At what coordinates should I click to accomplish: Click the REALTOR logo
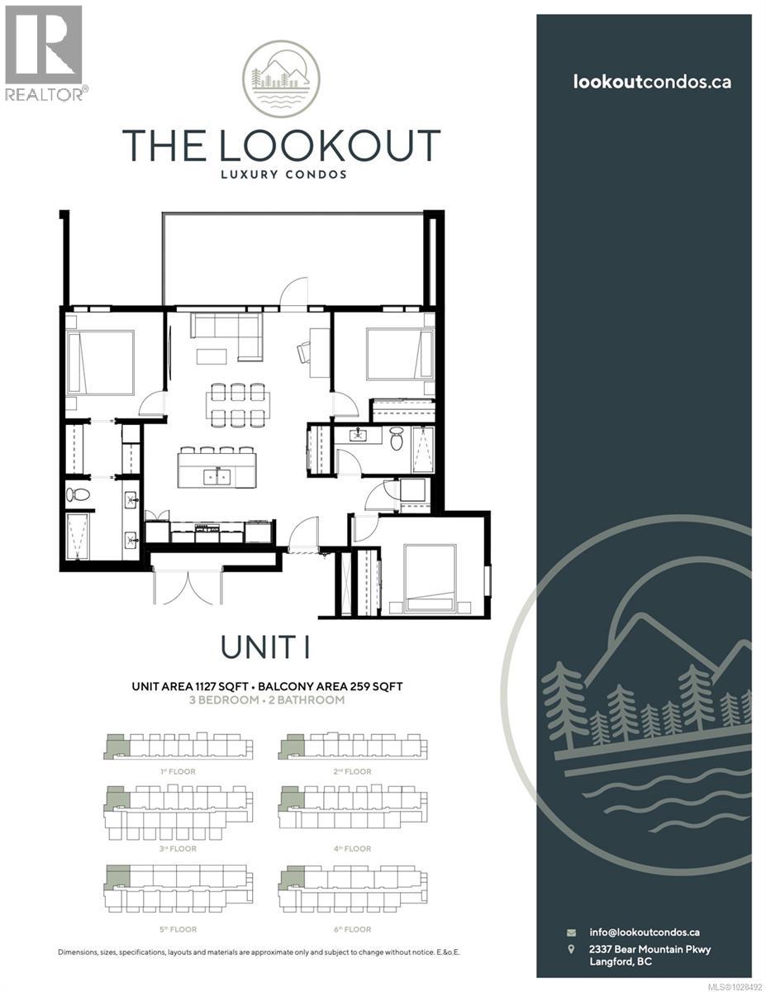tap(44, 53)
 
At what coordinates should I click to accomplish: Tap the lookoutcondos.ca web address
tap(652, 82)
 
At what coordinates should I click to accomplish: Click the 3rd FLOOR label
tap(178, 848)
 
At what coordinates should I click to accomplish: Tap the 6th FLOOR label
tap(353, 929)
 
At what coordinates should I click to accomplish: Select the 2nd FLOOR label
tap(353, 771)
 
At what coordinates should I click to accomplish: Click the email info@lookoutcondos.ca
tap(645, 932)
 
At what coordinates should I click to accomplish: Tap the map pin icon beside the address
tap(571, 949)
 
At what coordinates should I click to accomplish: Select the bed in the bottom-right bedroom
tap(431, 579)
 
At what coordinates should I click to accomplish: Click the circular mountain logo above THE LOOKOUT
tap(281, 79)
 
